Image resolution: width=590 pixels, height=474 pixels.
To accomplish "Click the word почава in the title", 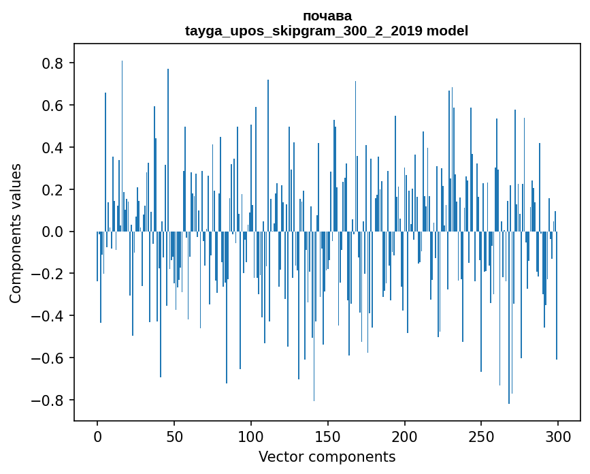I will tap(327, 16).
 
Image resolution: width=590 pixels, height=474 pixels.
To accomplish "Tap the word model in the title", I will tap(448, 31).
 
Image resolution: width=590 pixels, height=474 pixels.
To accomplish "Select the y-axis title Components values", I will tap(15, 233).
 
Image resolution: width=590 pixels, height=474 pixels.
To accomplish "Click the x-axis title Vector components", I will tap(327, 456).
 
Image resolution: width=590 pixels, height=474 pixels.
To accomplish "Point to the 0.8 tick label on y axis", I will tap(54, 63).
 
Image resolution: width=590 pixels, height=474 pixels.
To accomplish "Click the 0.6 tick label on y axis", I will tap(54, 106).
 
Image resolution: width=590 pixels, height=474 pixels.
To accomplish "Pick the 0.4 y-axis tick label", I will tap(54, 148).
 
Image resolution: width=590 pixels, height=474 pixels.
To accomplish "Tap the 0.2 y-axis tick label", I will tap(54, 189).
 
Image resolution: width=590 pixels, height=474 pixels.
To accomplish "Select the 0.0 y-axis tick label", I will tap(54, 232).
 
